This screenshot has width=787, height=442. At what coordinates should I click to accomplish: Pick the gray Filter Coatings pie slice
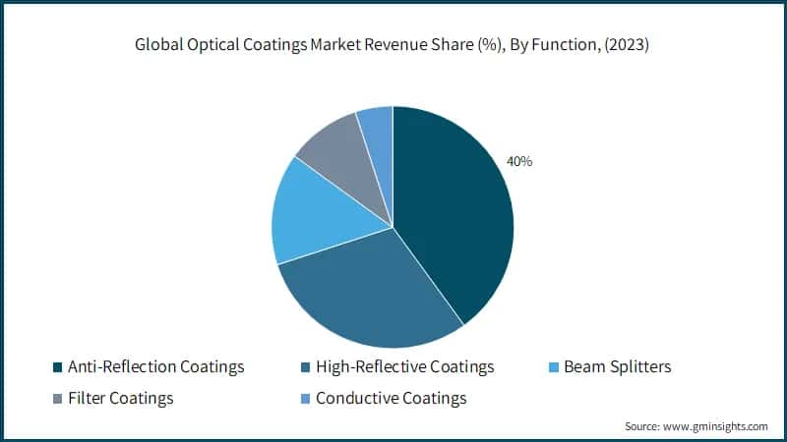[334, 152]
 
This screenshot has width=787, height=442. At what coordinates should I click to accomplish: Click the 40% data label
[518, 161]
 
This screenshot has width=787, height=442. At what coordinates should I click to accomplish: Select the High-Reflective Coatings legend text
[404, 367]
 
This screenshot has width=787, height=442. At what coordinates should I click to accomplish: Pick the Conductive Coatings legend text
[391, 399]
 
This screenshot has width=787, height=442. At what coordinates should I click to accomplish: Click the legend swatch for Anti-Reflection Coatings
[56, 368]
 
